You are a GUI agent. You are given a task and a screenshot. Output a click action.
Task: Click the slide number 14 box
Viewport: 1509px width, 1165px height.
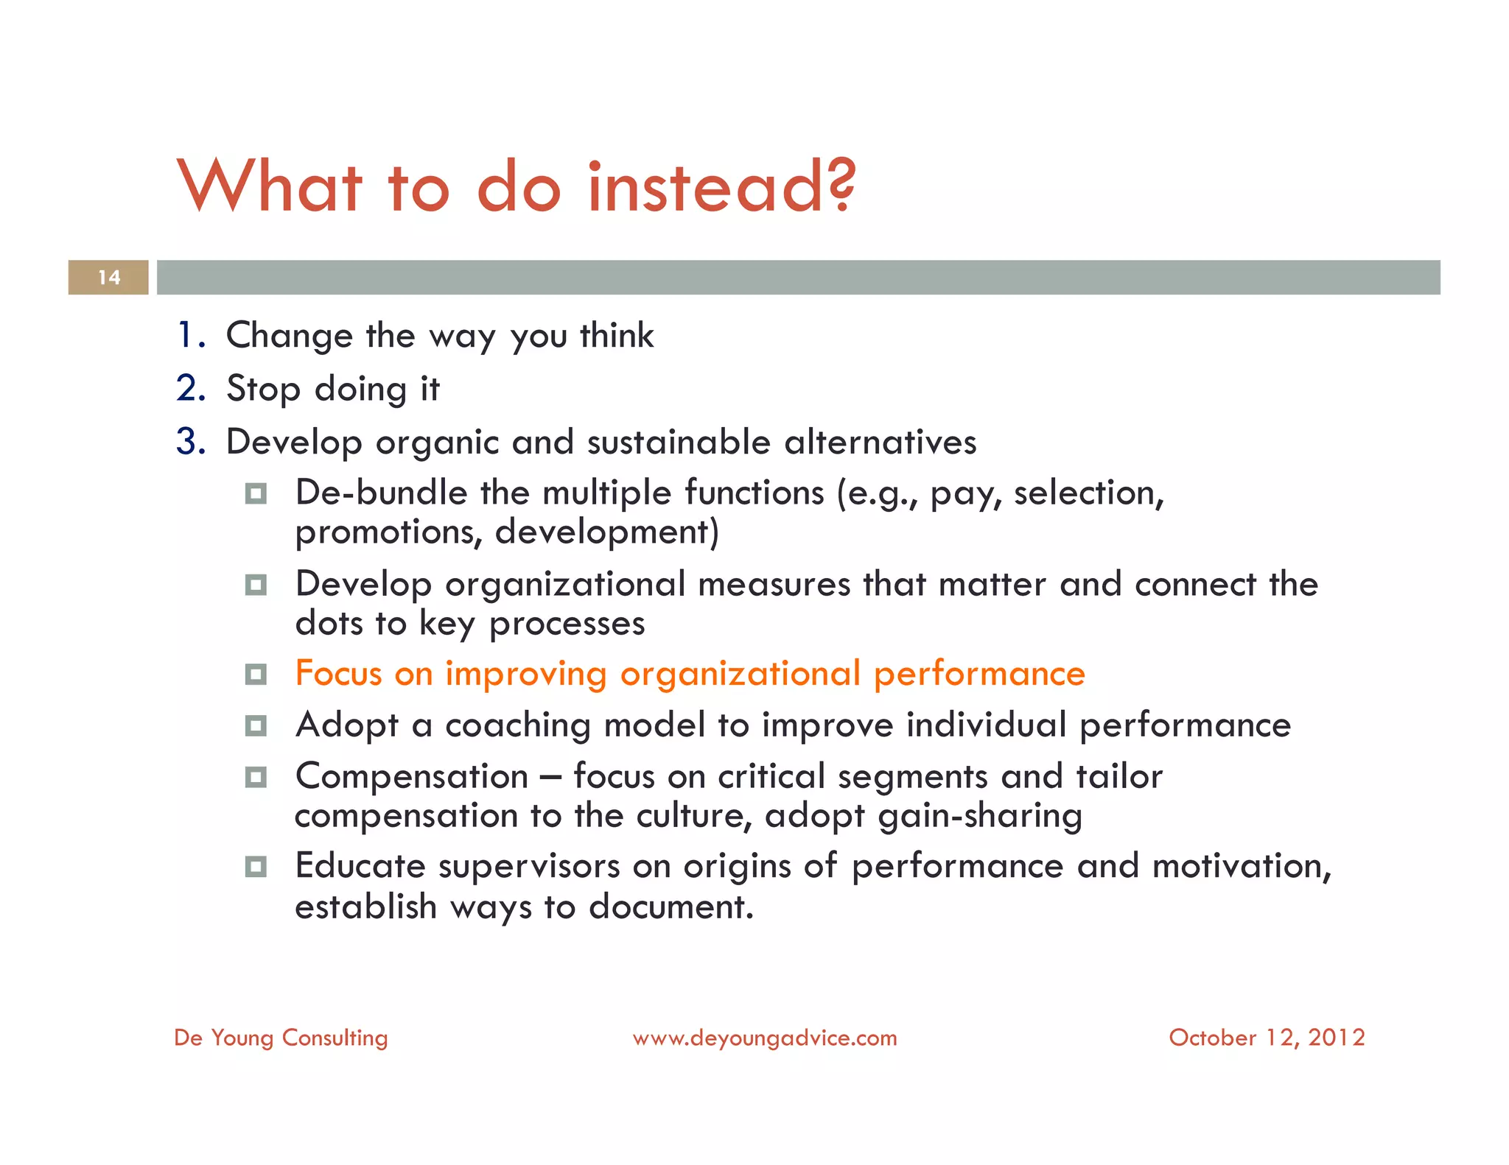[x=108, y=278]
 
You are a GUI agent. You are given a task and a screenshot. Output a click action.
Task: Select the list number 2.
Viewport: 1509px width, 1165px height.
[x=190, y=388]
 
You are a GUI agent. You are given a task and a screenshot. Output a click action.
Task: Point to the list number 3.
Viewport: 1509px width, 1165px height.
[x=190, y=442]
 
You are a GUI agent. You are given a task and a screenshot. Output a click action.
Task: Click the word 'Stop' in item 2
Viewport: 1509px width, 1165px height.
[x=263, y=389]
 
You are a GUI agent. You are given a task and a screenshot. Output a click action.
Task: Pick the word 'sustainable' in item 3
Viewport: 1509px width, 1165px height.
[x=678, y=442]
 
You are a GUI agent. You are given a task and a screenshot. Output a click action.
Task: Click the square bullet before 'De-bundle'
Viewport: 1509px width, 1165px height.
[x=256, y=493]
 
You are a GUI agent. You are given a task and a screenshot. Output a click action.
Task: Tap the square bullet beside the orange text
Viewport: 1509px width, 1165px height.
[x=256, y=674]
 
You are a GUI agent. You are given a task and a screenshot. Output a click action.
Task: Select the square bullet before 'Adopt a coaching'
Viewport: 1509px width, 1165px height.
[x=256, y=726]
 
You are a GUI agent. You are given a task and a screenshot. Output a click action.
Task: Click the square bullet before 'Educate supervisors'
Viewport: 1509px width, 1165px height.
[x=256, y=867]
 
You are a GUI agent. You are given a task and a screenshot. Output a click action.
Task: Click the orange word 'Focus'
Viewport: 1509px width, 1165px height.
[x=338, y=674]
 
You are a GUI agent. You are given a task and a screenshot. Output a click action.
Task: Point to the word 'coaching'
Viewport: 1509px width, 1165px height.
[x=517, y=726]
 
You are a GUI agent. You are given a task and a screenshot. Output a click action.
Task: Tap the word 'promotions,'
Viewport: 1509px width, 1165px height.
[x=388, y=532]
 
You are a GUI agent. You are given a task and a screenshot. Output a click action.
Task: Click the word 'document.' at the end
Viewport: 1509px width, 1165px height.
[x=671, y=907]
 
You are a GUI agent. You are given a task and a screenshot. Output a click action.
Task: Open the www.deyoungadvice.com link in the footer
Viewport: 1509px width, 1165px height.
[x=765, y=1038]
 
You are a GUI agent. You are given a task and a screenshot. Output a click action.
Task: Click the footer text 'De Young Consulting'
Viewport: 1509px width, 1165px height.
[x=281, y=1038]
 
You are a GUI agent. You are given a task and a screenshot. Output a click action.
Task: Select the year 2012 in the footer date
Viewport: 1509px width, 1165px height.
[x=1337, y=1038]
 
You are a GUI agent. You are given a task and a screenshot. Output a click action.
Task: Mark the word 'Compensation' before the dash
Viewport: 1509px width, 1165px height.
[x=412, y=777]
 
